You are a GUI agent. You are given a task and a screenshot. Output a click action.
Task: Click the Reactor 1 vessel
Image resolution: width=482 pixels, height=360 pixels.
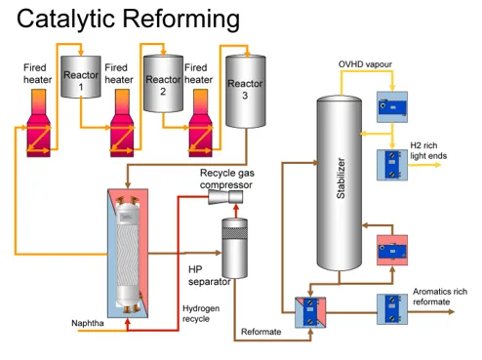point(81,77)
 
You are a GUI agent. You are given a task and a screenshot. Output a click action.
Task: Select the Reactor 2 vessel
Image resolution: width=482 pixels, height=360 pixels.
point(163,84)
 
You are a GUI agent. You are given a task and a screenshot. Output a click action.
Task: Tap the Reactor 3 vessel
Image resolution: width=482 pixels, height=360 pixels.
point(246,91)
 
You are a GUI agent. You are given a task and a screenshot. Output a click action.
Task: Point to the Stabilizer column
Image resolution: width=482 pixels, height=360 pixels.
point(340,183)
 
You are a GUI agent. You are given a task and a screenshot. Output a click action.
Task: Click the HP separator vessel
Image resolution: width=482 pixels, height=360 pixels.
point(234,248)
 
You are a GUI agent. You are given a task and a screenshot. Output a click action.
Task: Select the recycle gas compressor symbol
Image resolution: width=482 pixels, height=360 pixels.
point(225,197)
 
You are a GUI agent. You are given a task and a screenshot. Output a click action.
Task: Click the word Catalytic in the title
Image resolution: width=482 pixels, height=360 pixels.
point(65,19)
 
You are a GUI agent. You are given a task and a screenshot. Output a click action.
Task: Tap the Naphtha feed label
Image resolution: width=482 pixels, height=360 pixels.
point(88,323)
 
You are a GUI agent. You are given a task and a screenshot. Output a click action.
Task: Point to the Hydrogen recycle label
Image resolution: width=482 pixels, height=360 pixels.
point(201,313)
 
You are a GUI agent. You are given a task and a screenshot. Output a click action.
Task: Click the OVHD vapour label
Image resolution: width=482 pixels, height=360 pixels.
point(365,64)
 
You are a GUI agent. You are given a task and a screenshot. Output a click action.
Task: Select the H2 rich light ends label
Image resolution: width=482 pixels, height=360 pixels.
point(428,150)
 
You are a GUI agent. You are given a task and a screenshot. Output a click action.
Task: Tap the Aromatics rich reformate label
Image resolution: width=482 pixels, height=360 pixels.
point(440,297)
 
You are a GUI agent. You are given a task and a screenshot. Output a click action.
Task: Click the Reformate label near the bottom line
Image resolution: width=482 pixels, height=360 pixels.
point(261,332)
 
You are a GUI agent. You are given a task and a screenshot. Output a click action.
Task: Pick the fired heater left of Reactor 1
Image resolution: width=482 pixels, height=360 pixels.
point(39,123)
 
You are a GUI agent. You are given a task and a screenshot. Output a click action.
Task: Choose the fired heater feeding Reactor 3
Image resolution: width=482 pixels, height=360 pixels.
point(201,123)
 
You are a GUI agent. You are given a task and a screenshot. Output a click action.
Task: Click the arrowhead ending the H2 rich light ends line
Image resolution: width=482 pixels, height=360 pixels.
point(438,165)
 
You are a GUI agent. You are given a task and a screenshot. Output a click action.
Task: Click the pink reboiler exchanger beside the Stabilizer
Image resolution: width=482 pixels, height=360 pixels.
point(392,251)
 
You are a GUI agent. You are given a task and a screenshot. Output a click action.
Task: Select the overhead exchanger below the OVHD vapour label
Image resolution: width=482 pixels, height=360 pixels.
point(392,107)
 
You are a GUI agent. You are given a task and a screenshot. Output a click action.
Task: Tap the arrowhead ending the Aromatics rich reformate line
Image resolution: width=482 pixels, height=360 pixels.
point(452,312)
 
